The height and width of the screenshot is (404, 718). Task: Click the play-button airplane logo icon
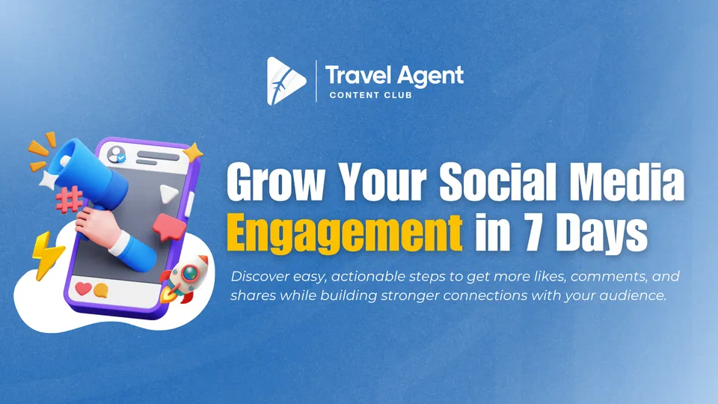285,81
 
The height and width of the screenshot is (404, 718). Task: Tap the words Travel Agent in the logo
394,76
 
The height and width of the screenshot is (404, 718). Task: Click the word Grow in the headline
274,181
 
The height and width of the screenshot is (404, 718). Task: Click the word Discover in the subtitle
260,276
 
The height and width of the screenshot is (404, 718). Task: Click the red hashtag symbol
69,201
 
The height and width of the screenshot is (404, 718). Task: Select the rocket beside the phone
185,278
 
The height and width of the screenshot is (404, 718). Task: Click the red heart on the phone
83,288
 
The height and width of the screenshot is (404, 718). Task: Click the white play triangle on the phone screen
168,194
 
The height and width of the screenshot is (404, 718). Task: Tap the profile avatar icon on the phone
117,154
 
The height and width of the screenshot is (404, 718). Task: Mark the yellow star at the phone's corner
193,153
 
